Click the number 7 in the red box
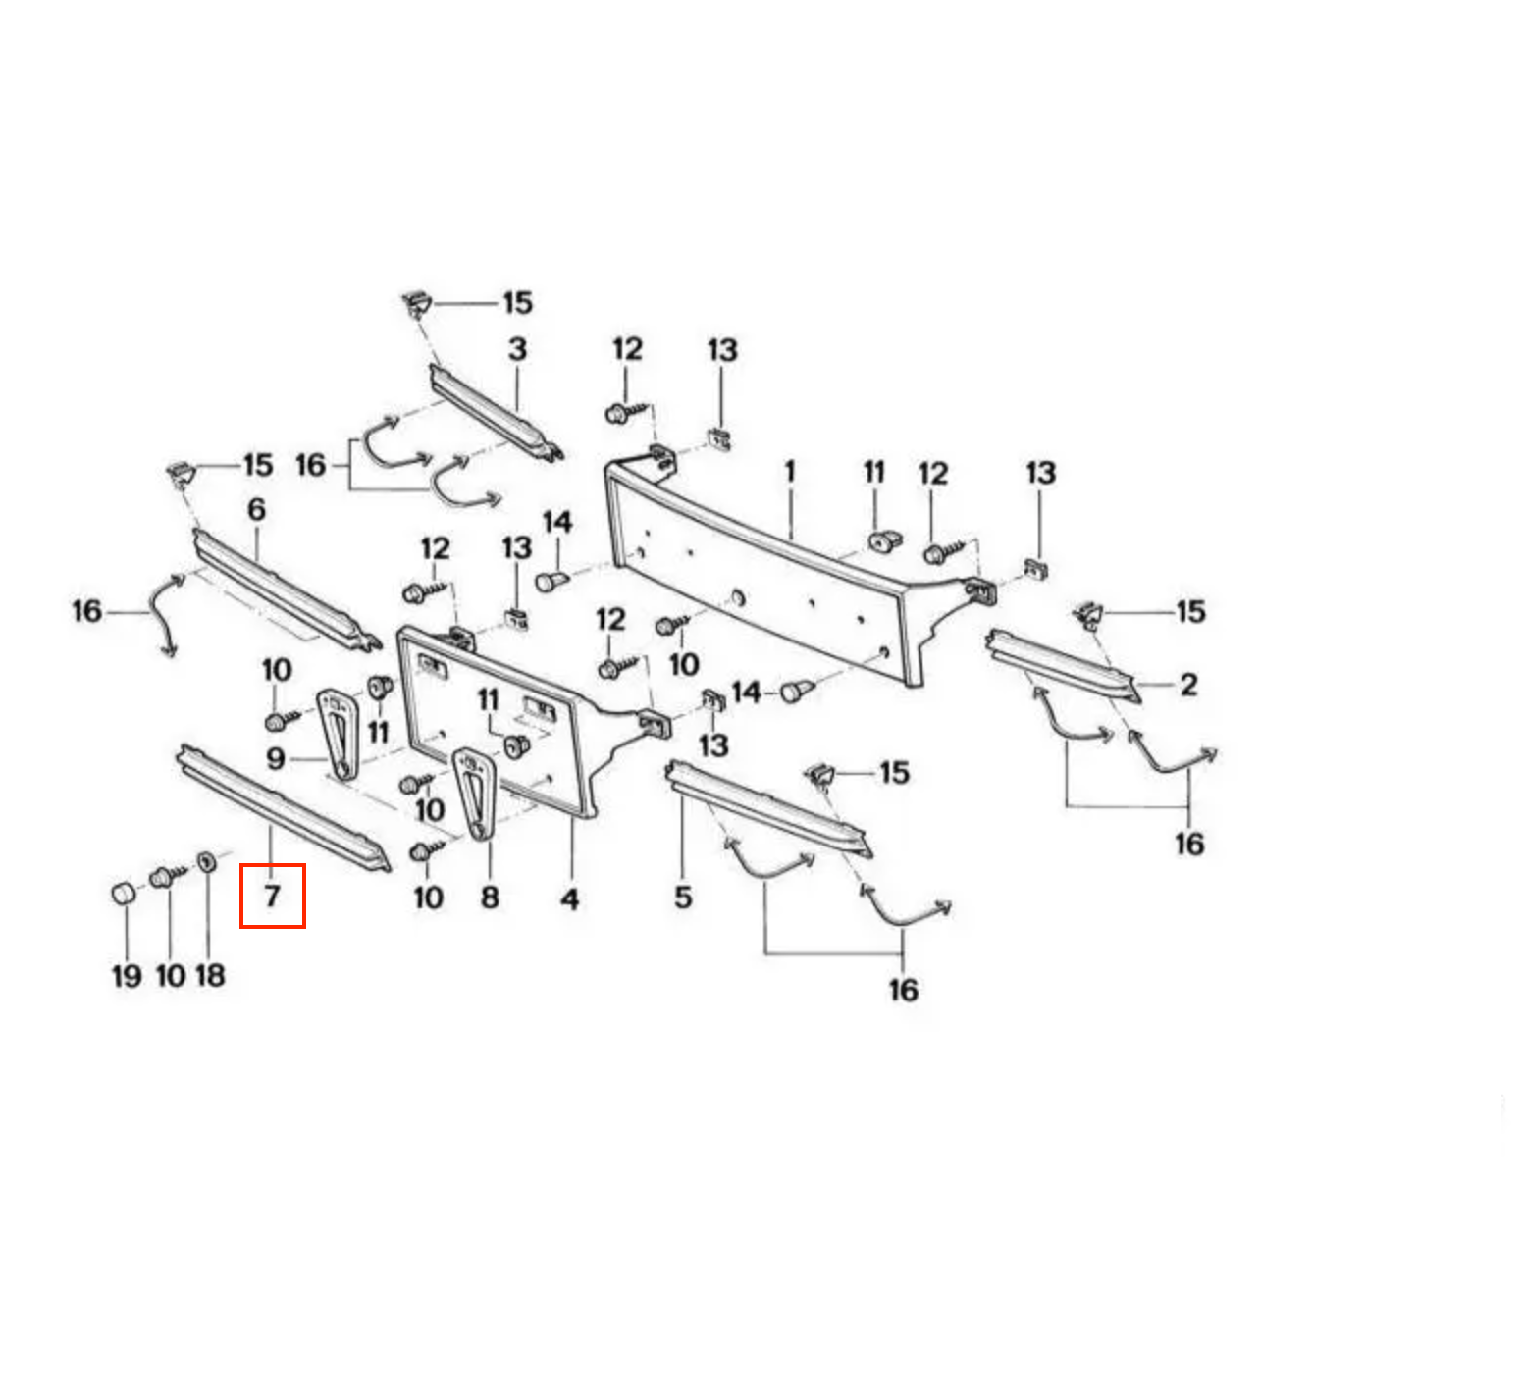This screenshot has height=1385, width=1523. (x=272, y=895)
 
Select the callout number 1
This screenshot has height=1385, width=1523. (x=790, y=472)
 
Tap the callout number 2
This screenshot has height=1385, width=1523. (x=1188, y=684)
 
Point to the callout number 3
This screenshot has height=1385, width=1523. (x=517, y=349)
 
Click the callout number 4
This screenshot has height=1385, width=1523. (x=569, y=898)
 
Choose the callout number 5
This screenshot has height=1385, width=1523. (x=683, y=897)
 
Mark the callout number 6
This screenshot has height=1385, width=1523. (x=256, y=509)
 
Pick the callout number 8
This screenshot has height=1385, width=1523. (x=490, y=897)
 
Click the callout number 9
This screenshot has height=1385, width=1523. (x=276, y=758)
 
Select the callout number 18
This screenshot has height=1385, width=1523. (x=210, y=975)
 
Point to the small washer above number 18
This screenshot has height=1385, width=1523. (x=207, y=862)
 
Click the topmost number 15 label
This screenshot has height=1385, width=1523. (x=517, y=303)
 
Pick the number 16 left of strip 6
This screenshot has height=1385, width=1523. (x=86, y=611)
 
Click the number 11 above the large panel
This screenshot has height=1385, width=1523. (x=873, y=473)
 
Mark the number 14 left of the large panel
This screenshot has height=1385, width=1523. (x=556, y=522)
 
